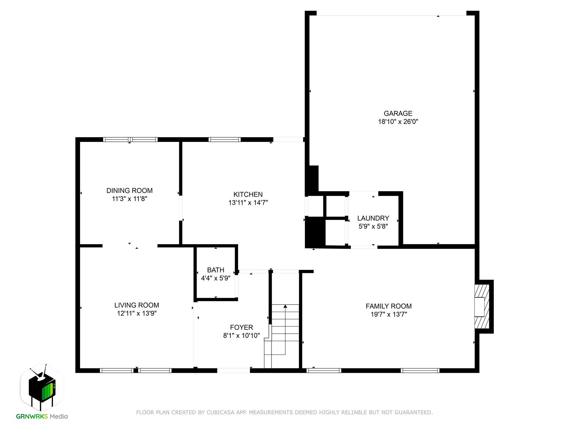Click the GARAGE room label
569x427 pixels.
tap(398, 113)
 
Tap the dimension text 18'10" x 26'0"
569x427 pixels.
tap(398, 121)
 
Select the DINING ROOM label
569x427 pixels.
tap(129, 191)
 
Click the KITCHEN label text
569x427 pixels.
tap(248, 194)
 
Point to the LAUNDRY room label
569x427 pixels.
tap(373, 218)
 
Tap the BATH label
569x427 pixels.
tap(216, 270)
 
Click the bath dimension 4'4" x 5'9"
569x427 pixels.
tap(216, 278)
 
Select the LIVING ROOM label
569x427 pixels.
tap(137, 305)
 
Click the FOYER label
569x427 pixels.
tap(241, 327)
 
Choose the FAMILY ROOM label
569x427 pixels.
tap(388, 306)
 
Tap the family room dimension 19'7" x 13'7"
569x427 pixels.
tap(388, 314)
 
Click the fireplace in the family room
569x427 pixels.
tap(482, 307)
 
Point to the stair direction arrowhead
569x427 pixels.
tap(285, 306)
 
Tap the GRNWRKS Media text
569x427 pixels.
tap(42, 416)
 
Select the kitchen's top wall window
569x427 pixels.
tap(224, 140)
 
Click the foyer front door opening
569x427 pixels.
tap(233, 370)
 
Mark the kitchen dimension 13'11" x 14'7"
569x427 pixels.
tap(248, 203)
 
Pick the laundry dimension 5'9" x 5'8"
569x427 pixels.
tap(373, 226)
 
